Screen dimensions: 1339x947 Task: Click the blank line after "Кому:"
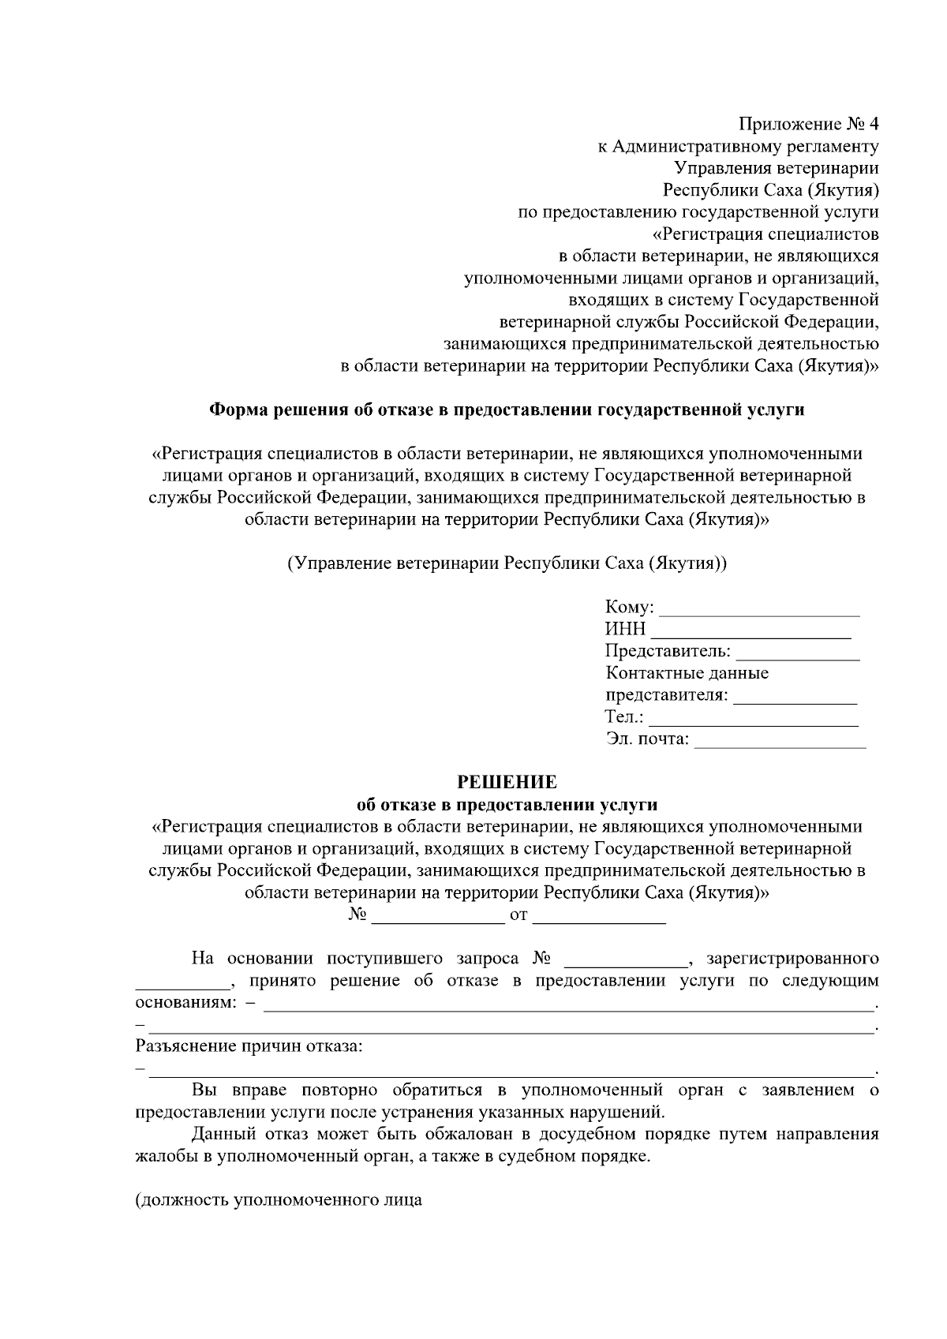point(759,611)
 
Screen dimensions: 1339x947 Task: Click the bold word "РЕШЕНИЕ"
point(507,783)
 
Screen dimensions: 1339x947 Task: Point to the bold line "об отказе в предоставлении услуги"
point(507,805)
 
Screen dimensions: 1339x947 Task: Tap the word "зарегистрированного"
point(792,959)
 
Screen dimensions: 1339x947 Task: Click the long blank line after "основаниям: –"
point(568,1007)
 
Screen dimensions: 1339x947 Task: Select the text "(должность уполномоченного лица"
point(279,1201)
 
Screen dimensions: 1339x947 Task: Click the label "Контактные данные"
point(687,674)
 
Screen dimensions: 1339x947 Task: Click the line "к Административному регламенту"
point(737,146)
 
